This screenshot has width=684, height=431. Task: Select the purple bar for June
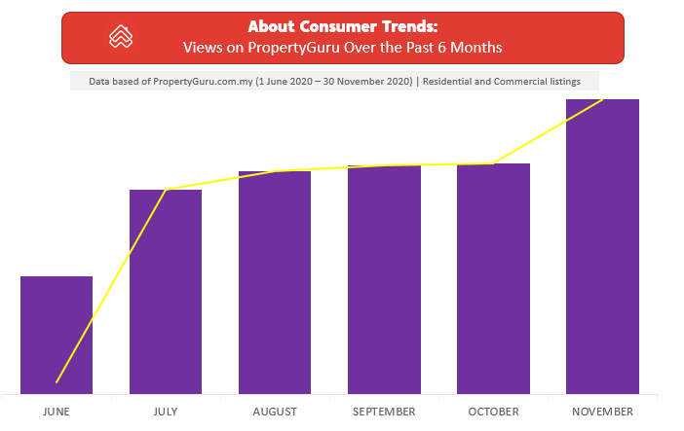click(x=57, y=335)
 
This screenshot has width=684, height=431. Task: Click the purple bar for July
click(x=166, y=291)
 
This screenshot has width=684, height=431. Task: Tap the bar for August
click(x=275, y=282)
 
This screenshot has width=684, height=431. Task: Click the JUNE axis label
click(x=57, y=412)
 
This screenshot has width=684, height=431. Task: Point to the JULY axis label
click(x=166, y=412)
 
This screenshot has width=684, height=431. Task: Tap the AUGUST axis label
click(x=275, y=412)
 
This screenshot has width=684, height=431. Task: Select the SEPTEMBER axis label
click(x=384, y=412)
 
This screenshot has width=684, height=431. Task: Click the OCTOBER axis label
click(x=493, y=412)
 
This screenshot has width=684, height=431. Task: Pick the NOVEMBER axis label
click(x=602, y=412)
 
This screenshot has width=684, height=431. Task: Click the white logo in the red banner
click(x=121, y=38)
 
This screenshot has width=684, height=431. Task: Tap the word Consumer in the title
click(x=336, y=26)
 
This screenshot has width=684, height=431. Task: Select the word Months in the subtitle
click(x=476, y=47)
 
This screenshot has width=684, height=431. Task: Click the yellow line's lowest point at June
click(x=57, y=381)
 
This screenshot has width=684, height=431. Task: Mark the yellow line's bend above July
click(x=167, y=189)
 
